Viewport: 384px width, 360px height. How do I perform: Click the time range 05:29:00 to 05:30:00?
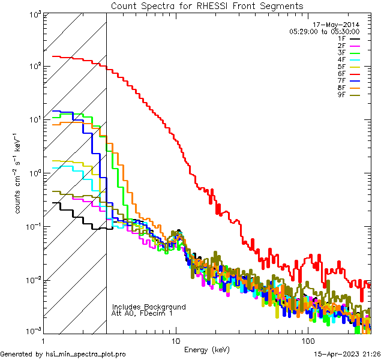point(325,31)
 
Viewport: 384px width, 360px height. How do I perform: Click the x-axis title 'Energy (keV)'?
point(207,349)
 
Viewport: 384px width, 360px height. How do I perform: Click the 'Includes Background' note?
point(149,307)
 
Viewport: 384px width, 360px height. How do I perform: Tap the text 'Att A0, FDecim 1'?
point(142,313)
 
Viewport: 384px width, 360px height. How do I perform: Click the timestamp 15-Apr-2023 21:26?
point(346,355)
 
